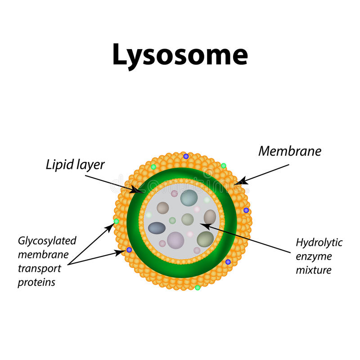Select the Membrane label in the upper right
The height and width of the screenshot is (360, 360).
pos(289,151)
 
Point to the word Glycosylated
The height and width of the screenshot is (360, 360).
pos(47,240)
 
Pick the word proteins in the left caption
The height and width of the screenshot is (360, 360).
pos(37,283)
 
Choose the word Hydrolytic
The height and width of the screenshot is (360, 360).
pos(319,243)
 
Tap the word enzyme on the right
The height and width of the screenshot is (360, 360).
pos(314,256)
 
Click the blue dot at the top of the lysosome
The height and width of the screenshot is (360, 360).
pos(186,156)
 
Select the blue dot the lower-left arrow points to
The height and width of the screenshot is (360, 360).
pos(129,250)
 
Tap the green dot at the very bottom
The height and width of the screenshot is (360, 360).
pos(198,288)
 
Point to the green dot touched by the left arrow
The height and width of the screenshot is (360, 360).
pos(116,221)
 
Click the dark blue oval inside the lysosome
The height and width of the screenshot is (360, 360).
pos(157,228)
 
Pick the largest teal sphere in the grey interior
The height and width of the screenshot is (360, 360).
pos(189,198)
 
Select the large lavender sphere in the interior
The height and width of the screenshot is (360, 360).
pos(175,240)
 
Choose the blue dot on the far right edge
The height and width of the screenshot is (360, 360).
pos(246,210)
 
